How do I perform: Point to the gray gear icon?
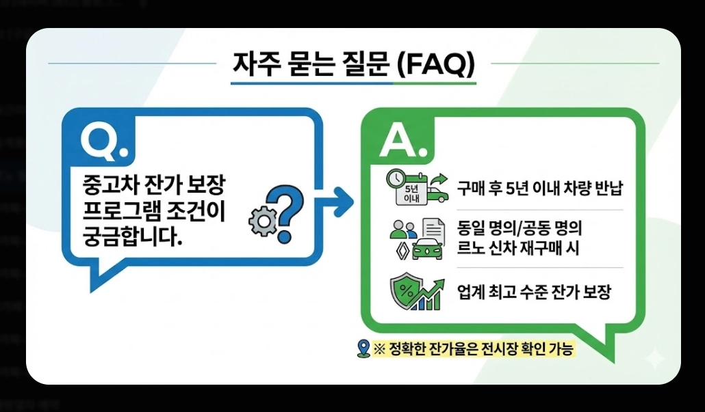click(x=260, y=221)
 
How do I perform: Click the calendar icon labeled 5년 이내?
click(x=412, y=193)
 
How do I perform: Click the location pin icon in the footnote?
click(x=363, y=349)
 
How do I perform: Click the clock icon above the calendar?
click(x=396, y=178)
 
